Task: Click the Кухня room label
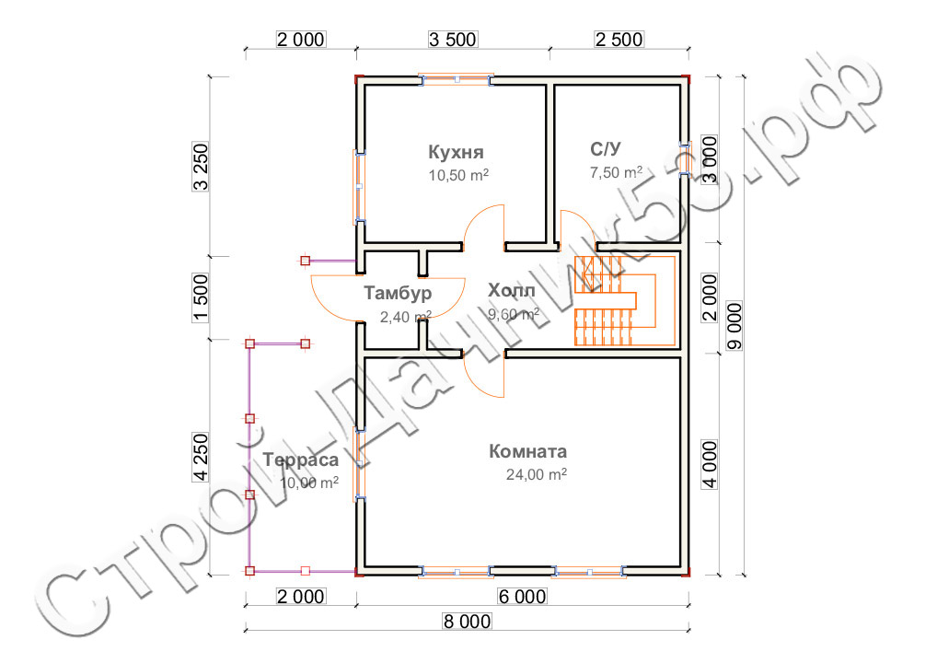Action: [456, 152]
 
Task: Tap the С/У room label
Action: [606, 149]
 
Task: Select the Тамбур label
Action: [398, 293]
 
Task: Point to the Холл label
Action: [512, 291]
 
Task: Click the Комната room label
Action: [527, 451]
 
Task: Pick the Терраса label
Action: [301, 459]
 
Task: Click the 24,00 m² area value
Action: [537, 474]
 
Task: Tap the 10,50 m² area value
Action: [458, 175]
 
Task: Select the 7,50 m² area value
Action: [616, 173]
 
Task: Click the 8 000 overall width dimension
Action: [467, 622]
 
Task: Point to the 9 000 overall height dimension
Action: [735, 326]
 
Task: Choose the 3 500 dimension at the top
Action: [453, 40]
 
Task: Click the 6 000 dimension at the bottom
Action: [522, 597]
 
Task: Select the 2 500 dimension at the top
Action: [619, 40]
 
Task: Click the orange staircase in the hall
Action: [624, 301]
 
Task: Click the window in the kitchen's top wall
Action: [457, 79]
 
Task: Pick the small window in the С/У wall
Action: [686, 159]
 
